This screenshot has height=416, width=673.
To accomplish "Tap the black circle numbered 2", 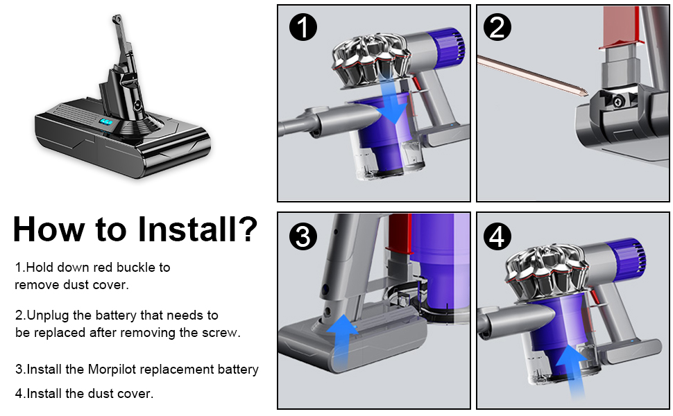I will [500, 28].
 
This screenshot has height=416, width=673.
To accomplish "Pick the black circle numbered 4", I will [500, 237].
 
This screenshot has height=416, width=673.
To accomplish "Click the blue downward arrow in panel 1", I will [393, 104].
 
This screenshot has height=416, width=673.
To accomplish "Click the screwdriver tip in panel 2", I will [584, 92].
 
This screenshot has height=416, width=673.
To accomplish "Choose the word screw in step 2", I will [221, 332].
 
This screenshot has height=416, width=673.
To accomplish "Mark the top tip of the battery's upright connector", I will [113, 24].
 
